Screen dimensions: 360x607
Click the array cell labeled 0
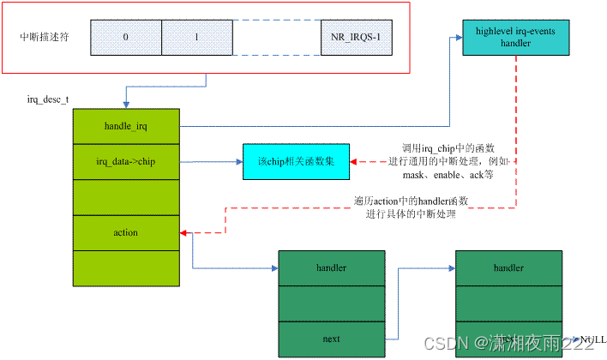pyautogui.click(x=125, y=38)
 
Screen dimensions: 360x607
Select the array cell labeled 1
pyautogui.click(x=196, y=38)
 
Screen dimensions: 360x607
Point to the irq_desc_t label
pyautogui.click(x=49, y=100)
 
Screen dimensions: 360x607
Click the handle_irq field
pyautogui.click(x=127, y=126)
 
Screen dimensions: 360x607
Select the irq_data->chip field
pyautogui.click(x=127, y=161)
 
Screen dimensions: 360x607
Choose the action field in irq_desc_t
pyautogui.click(x=127, y=232)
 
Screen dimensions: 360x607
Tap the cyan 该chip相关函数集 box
pyautogui.click(x=297, y=161)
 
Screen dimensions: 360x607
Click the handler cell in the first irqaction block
pyautogui.click(x=332, y=267)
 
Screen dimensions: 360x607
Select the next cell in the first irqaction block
pyautogui.click(x=332, y=339)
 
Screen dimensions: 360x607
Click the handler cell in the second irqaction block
pyautogui.click(x=508, y=267)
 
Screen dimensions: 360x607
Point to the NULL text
pyautogui.click(x=592, y=340)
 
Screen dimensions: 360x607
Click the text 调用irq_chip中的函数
pyautogui.click(x=446, y=148)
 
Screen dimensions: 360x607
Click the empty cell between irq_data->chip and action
pyautogui.click(x=127, y=196)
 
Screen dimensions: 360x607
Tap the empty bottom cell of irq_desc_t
pyautogui.click(x=127, y=267)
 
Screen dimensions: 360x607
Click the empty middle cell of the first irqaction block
pyautogui.click(x=332, y=303)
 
